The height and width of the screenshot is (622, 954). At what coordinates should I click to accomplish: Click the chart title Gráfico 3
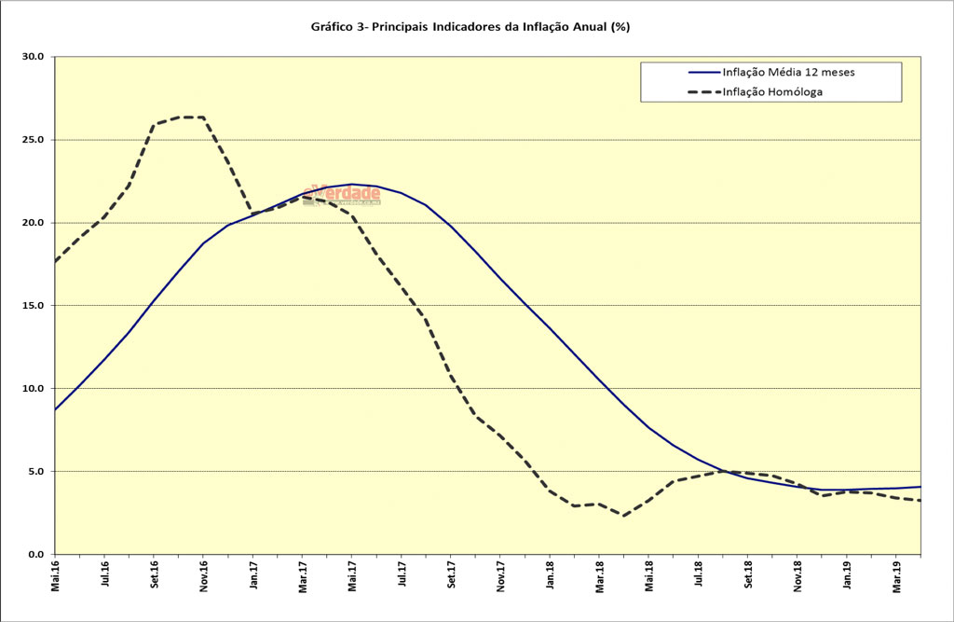click(470, 27)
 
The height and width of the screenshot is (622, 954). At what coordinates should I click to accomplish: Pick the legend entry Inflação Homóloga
click(772, 91)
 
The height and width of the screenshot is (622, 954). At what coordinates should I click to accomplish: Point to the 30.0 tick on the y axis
click(34, 57)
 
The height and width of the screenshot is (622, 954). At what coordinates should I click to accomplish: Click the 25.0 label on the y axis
click(34, 140)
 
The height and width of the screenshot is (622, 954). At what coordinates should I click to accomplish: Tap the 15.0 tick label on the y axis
click(34, 306)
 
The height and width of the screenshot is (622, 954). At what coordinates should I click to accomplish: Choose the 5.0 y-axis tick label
click(37, 471)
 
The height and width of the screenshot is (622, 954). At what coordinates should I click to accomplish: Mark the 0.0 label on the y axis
click(37, 554)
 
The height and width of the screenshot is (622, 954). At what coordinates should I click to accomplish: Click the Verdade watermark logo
click(342, 194)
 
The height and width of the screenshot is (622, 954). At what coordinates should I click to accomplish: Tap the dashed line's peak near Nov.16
click(191, 117)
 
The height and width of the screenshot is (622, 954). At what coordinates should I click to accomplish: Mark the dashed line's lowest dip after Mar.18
click(623, 516)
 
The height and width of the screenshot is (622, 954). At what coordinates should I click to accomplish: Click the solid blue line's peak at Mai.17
click(352, 184)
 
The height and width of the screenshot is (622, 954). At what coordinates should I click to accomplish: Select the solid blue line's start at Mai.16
click(56, 409)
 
